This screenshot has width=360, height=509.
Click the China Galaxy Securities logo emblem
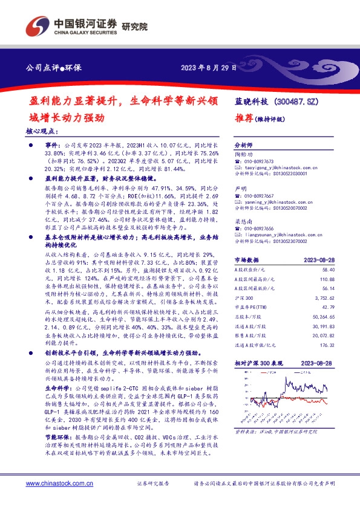(x=38, y=27)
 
